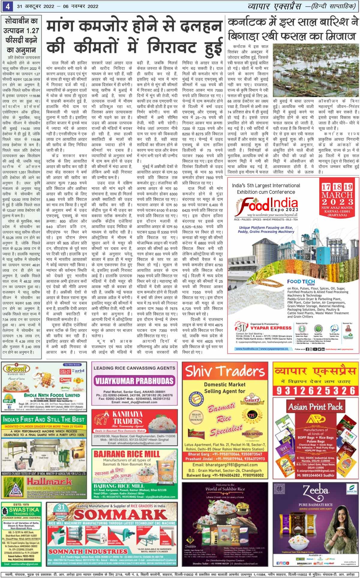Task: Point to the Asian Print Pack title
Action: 315,407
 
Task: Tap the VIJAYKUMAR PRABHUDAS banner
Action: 134,381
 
